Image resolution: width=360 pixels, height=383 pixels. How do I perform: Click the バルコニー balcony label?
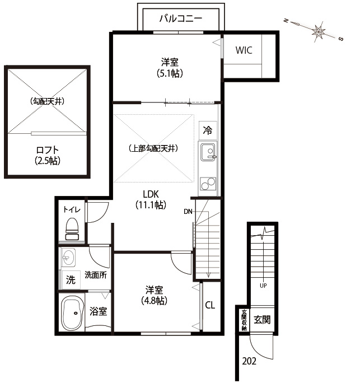point(181,18)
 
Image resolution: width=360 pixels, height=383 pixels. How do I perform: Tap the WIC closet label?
point(244,50)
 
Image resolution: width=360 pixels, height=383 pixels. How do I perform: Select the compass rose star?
point(319,31)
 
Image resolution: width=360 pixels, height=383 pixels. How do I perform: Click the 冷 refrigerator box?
point(208,130)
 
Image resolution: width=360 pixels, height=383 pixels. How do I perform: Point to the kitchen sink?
point(208,152)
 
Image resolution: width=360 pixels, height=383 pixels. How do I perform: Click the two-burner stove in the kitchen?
point(208,184)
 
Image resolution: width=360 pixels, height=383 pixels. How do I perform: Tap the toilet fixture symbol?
point(72,229)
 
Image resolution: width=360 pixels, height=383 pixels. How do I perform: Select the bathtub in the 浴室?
point(73,313)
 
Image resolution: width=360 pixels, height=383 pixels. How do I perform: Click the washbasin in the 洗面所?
point(68,258)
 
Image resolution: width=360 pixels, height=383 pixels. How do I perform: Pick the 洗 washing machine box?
point(71,279)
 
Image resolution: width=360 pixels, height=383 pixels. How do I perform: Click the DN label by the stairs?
point(188,212)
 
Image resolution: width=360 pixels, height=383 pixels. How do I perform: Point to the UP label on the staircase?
point(263,286)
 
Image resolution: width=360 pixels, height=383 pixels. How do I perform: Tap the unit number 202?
point(249,361)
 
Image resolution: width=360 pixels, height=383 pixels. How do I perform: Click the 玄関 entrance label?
point(262,320)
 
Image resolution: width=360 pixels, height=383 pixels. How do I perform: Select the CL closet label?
point(210,305)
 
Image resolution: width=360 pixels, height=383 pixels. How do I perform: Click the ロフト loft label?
point(48,150)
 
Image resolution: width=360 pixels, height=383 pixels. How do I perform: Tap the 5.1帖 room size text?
point(170,73)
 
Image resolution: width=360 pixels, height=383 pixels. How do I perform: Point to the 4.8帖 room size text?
point(155,301)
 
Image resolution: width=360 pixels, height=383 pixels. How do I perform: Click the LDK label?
point(151,194)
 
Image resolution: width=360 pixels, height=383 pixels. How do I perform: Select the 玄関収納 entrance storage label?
point(244,320)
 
